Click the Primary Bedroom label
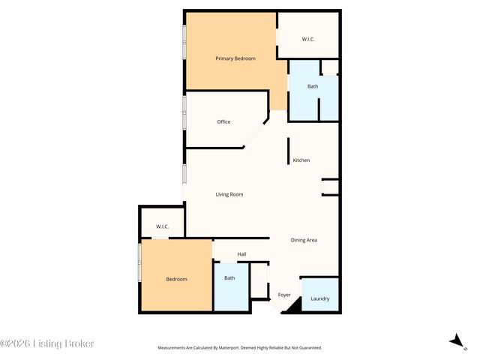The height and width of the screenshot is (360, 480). click(235, 58)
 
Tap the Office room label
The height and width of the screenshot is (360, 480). click(223, 121)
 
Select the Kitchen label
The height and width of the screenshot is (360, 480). click(301, 160)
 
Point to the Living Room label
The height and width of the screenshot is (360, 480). click(229, 194)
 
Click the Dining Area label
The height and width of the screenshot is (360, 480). click(304, 240)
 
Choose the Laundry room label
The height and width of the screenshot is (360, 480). click(319, 298)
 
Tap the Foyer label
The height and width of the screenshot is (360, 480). click(284, 295)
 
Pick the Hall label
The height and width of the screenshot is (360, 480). click(241, 254)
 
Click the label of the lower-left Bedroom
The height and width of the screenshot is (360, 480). click(176, 279)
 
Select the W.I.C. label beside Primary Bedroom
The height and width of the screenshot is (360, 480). click(309, 39)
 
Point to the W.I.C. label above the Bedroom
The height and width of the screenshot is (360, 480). click(162, 226)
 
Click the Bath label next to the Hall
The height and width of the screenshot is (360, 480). click(229, 278)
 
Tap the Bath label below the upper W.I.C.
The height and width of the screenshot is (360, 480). click(313, 86)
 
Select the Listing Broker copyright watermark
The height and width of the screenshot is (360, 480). click(47, 343)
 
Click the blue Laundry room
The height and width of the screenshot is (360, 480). click(319, 294)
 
